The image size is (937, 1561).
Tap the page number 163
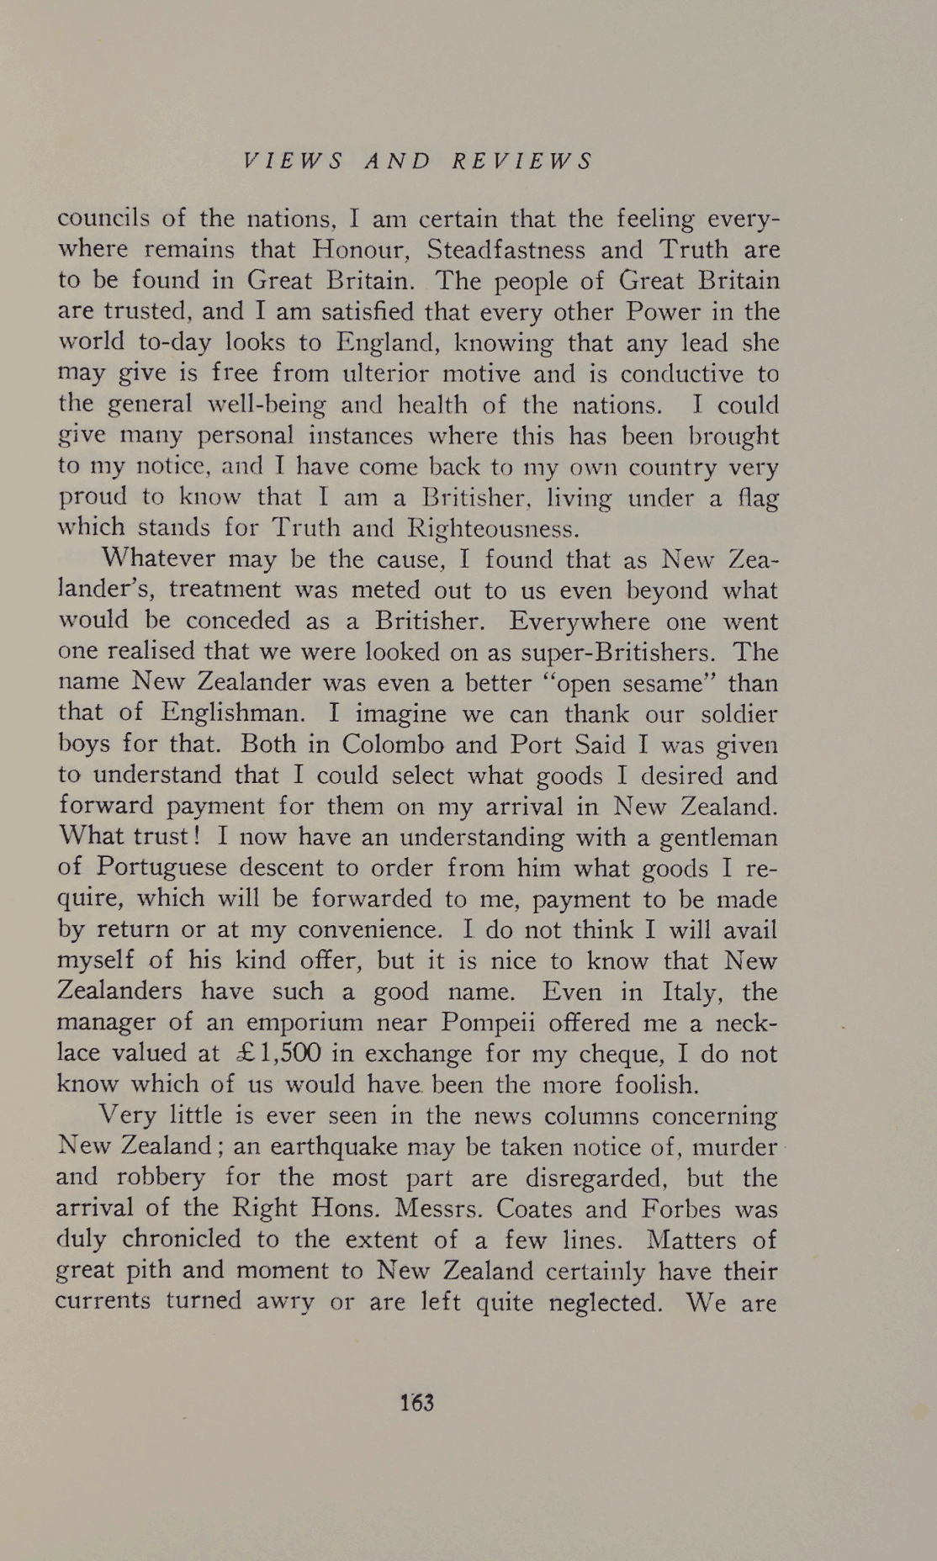pos(417,1402)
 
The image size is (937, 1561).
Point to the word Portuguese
pos(161,868)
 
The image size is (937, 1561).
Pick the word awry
pos(284,1302)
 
